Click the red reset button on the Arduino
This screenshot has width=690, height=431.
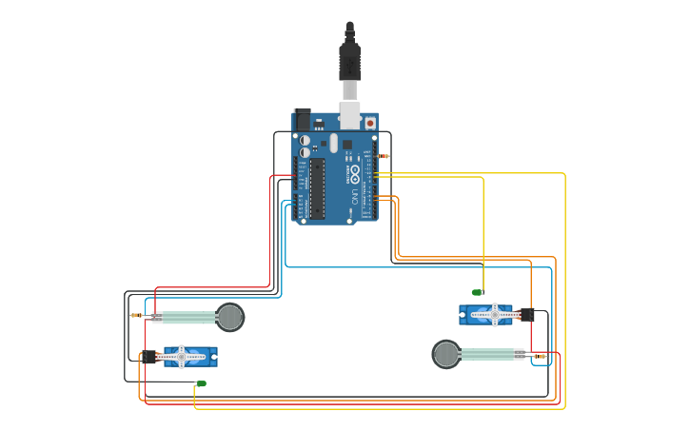(368, 122)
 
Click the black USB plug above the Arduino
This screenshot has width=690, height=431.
(349, 61)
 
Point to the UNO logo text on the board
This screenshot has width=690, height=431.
(355, 197)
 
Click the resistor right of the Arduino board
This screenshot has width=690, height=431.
(384, 156)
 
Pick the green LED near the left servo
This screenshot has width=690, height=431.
(201, 383)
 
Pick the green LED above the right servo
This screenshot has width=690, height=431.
(478, 292)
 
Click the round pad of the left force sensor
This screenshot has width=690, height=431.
(230, 317)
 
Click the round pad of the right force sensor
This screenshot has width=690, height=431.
(446, 354)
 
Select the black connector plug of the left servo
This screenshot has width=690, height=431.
(148, 358)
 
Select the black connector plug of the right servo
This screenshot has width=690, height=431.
(526, 314)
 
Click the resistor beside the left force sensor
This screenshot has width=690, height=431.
(136, 315)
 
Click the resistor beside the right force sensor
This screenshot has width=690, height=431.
(541, 356)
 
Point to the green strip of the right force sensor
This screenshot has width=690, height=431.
(489, 354)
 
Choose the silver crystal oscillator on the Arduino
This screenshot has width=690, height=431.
(334, 143)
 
